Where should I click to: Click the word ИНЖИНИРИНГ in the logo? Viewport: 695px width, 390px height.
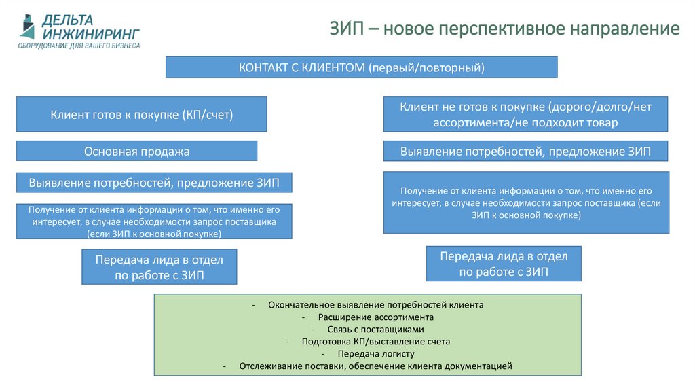91,33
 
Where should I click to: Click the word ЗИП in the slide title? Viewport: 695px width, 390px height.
347,29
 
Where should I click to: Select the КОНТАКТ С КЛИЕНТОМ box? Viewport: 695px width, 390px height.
362,67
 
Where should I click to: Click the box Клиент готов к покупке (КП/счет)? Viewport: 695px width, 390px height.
141,114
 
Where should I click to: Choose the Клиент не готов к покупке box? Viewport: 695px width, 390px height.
526,114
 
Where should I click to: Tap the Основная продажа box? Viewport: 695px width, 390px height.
136,151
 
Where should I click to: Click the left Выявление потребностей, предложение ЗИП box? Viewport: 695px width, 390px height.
153,183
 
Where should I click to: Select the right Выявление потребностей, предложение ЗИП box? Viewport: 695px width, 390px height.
525,151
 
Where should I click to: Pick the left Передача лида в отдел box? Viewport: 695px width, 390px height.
159,266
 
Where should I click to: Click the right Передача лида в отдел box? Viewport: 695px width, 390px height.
504,264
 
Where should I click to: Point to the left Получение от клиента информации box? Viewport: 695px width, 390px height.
154,221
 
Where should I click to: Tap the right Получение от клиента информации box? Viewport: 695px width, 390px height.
526,202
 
